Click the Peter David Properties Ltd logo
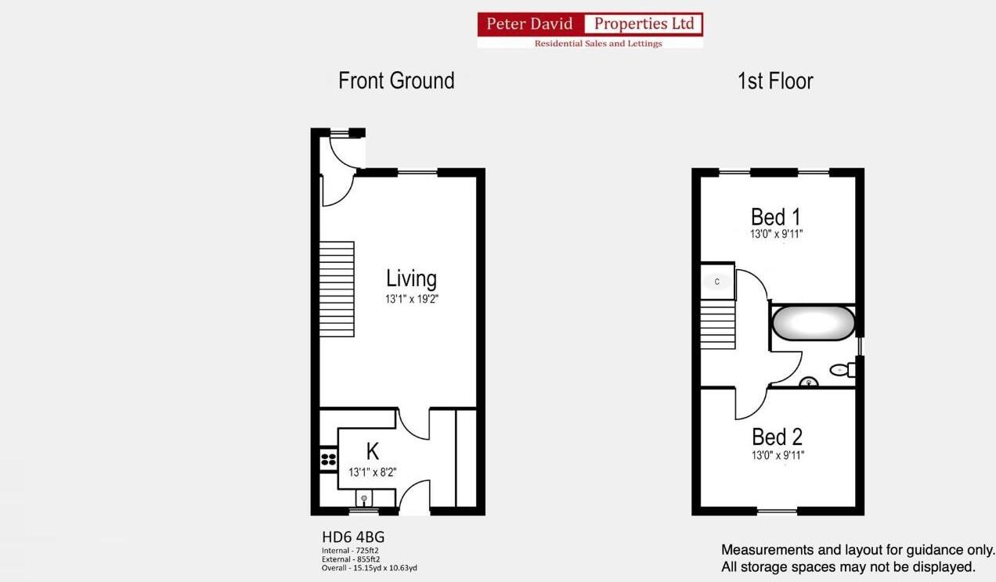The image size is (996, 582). pos(590,30)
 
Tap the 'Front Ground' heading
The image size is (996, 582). pos(396,81)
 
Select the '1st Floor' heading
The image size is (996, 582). pos(775,81)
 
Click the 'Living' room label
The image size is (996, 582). pos(411,278)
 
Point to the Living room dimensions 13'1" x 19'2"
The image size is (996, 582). pos(412,299)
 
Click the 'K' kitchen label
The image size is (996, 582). pos(373,451)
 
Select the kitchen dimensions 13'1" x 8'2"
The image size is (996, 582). pos(373,472)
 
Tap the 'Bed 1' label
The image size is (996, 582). pos(775,216)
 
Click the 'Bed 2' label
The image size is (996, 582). pos(777,436)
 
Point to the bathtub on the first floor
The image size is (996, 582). pos(813,322)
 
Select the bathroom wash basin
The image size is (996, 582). pos(808,383)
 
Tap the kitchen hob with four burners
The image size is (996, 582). pos(329,459)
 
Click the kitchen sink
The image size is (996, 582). pos(364,498)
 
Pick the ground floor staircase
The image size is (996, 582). pos(337,289)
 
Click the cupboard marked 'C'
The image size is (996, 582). pos(717,282)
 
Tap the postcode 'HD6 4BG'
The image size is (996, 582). pos(353,537)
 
